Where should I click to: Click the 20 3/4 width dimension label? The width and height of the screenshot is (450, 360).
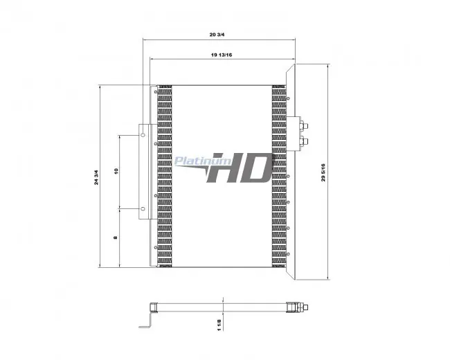(217, 35)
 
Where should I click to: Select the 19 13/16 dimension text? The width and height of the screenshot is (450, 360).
(222, 55)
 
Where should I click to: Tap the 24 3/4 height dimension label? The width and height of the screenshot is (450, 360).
(97, 177)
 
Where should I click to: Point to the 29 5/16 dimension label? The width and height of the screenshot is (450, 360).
(323, 172)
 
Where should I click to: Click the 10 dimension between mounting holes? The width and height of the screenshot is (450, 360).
(116, 171)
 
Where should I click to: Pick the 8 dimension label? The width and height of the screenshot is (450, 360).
(116, 237)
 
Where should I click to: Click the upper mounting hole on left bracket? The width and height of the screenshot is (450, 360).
(143, 135)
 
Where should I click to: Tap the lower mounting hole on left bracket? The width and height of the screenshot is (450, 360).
(143, 208)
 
